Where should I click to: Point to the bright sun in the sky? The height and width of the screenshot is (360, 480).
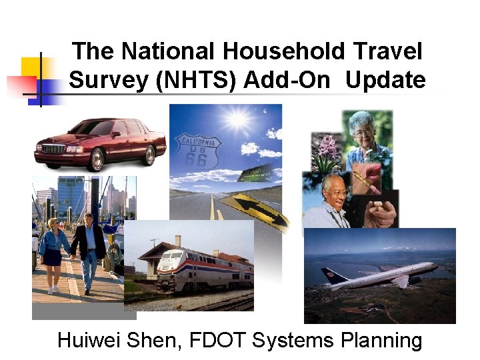coord(237,120)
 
